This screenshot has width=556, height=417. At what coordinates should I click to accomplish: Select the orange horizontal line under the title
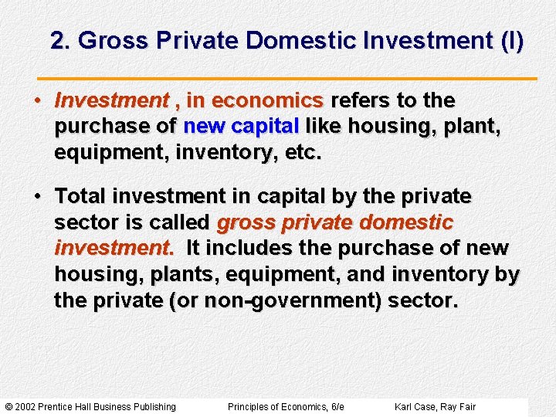287,79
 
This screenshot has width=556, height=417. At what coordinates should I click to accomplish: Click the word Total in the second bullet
85,197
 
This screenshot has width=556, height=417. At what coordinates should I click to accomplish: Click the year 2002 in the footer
28,407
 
